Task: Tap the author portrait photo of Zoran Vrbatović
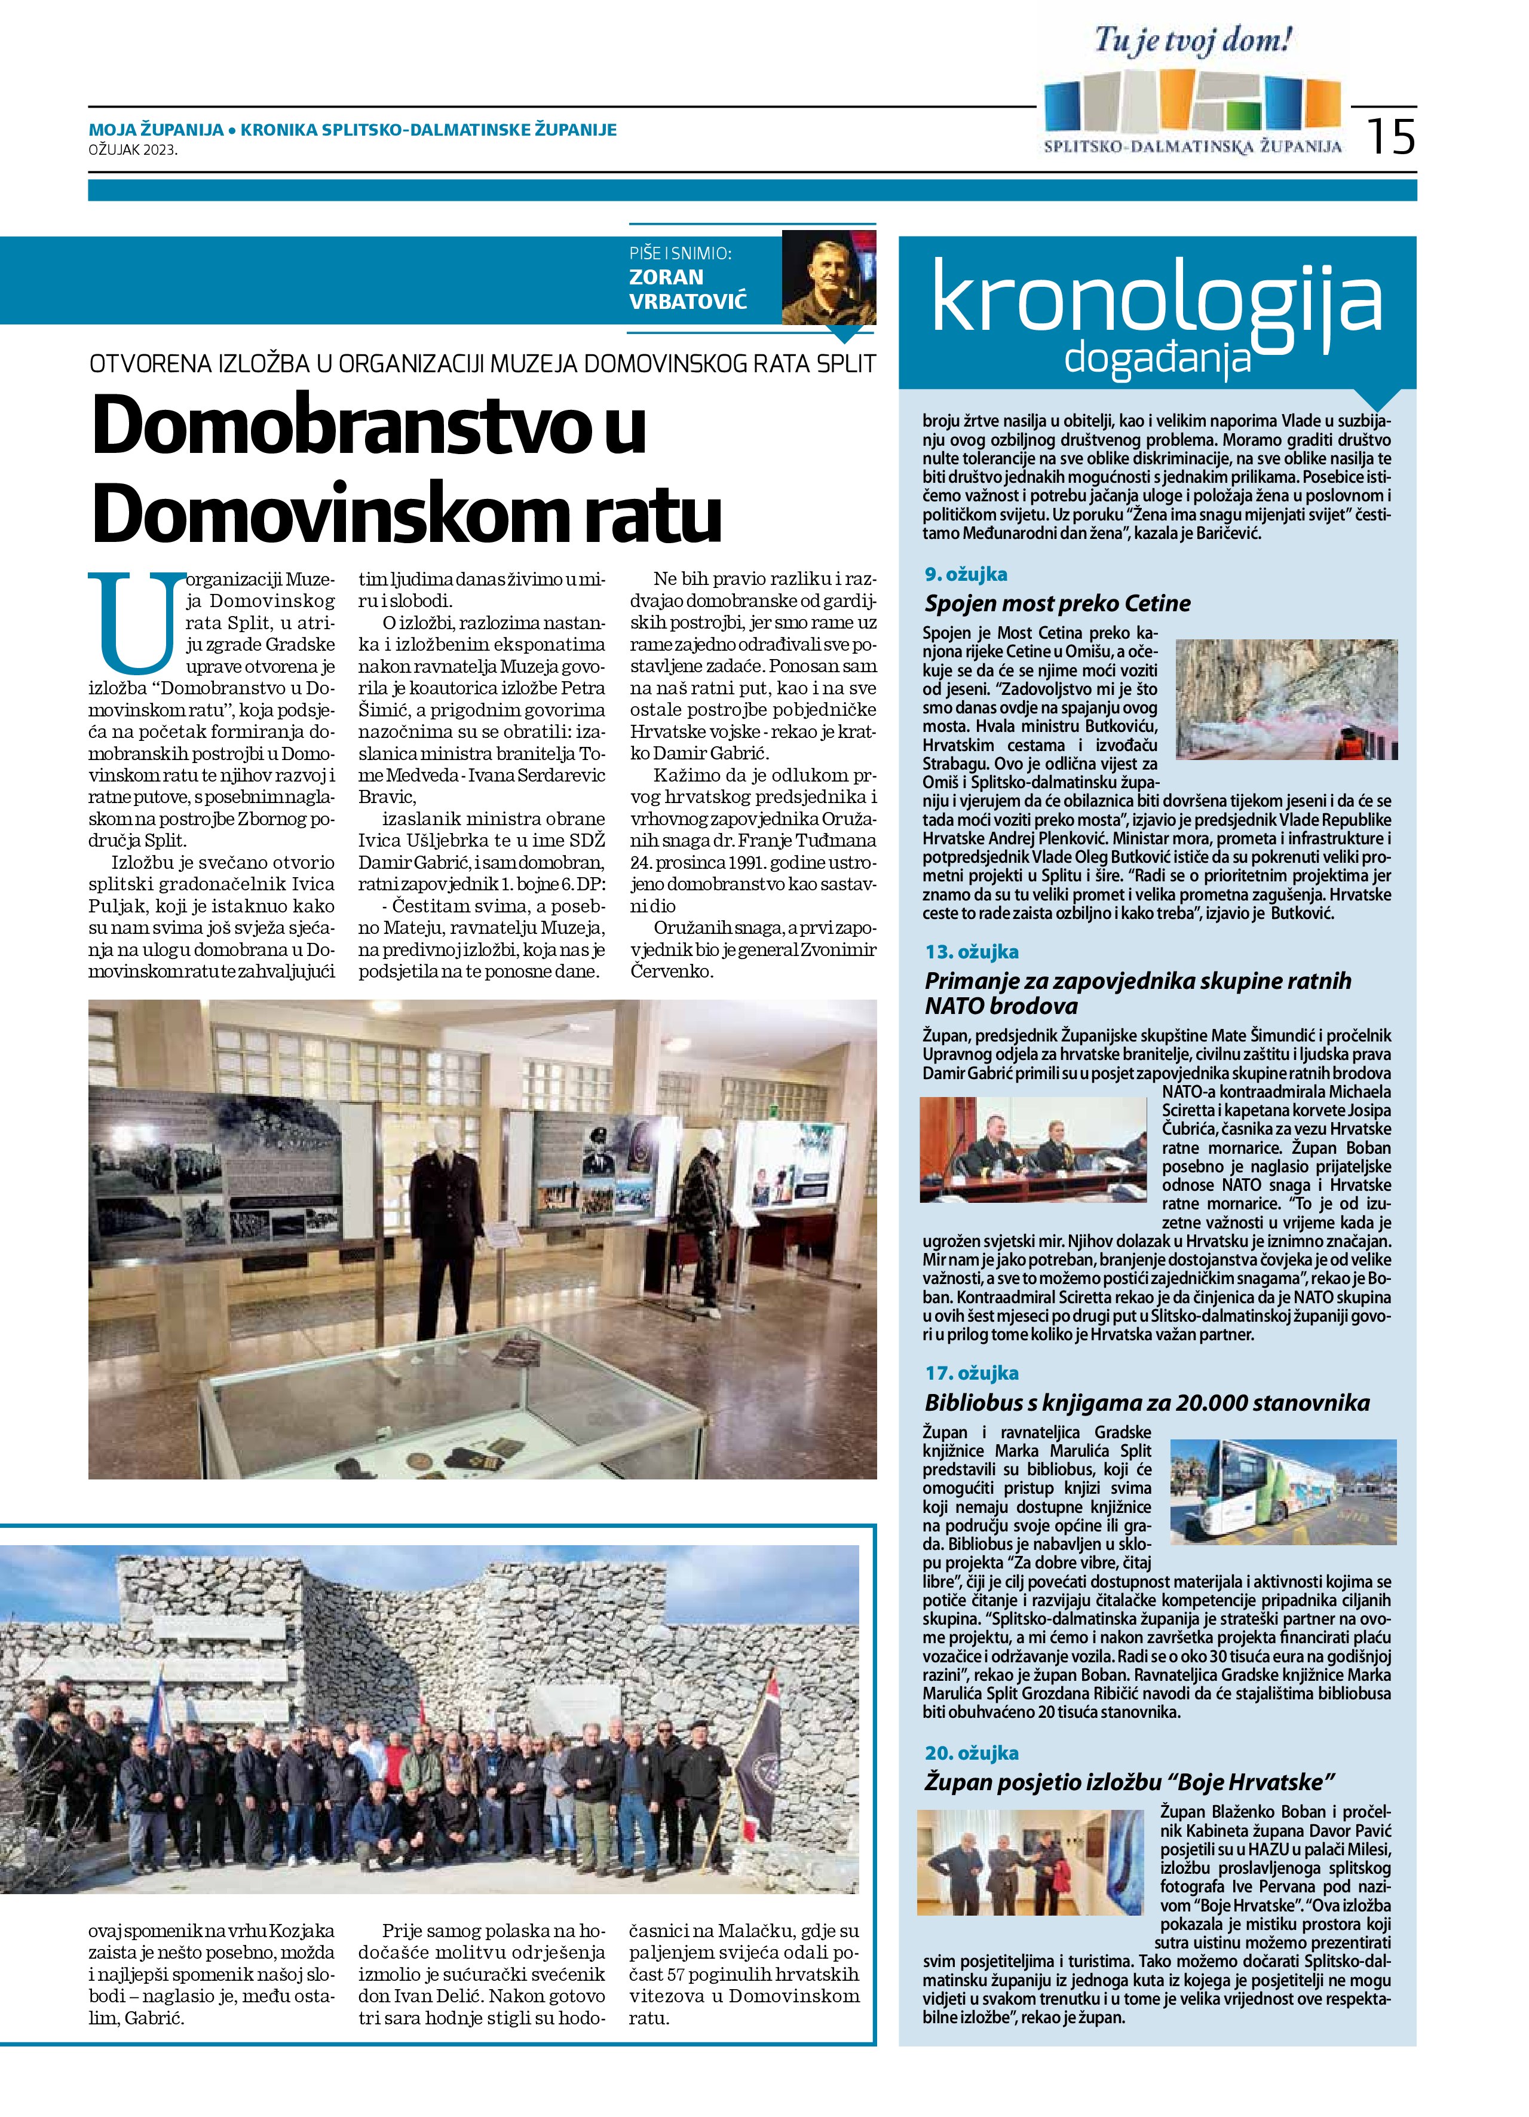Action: pyautogui.click(x=828, y=277)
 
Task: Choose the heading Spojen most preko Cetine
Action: pyautogui.click(x=1058, y=603)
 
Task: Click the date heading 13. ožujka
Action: pyautogui.click(x=971, y=952)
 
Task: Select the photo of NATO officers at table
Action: pyautogui.click(x=1032, y=1149)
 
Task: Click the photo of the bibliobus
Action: pyautogui.click(x=1283, y=1491)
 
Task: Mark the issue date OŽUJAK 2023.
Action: pyautogui.click(x=133, y=148)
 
